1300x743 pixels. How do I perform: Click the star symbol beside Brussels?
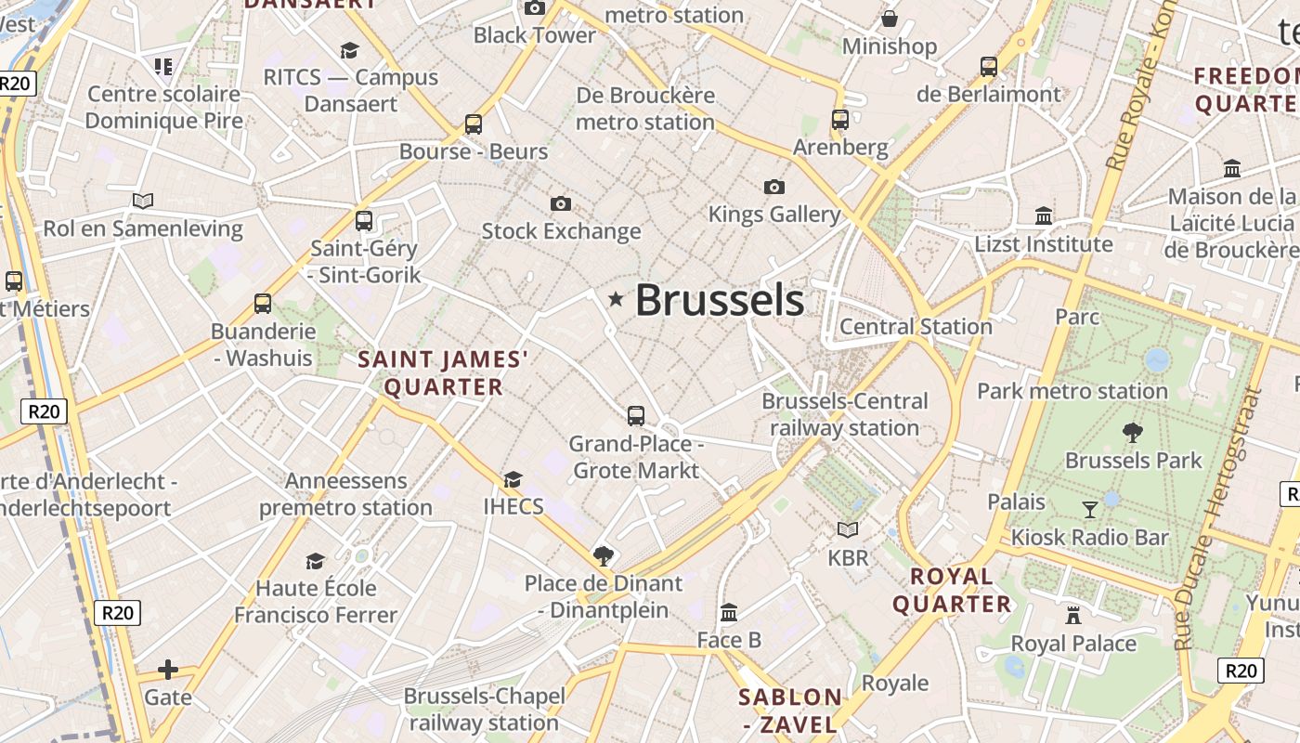[x=615, y=299]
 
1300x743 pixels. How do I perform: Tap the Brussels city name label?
[x=720, y=300]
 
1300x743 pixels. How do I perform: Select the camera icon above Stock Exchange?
[x=561, y=203]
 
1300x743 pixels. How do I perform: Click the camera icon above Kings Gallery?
[x=774, y=187]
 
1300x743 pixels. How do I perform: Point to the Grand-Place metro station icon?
[x=636, y=416]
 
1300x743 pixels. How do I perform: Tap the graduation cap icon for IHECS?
[x=513, y=479]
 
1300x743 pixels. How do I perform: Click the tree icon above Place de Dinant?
[x=604, y=556]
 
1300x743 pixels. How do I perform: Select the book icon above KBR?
[x=848, y=529]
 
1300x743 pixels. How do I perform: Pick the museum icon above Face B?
[x=729, y=612]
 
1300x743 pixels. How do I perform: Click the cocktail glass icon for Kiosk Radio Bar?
[x=1090, y=509]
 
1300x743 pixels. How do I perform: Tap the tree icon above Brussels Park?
[x=1132, y=432]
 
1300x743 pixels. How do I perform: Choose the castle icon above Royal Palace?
[x=1073, y=615]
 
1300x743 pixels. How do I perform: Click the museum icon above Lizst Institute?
[x=1044, y=215]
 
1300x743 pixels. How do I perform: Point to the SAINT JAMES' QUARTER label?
[x=443, y=372]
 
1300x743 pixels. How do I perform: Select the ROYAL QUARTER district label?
[x=952, y=590]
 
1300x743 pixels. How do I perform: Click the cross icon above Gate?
[x=168, y=669]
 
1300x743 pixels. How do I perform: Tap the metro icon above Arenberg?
[x=840, y=119]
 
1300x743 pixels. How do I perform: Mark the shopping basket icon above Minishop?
[x=890, y=19]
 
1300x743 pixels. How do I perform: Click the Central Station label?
[x=916, y=326]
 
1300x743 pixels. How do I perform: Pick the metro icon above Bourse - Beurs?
[x=474, y=124]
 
